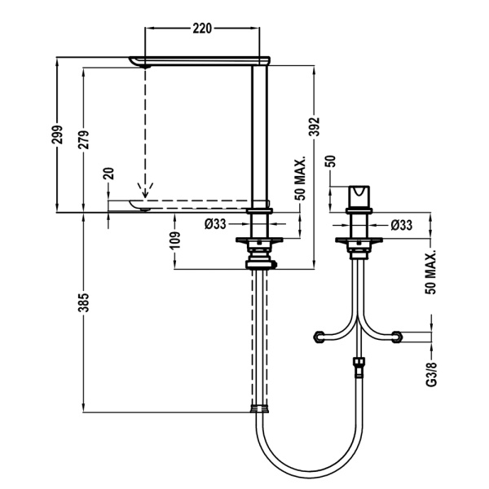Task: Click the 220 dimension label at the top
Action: [x=202, y=29]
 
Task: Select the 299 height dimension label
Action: [x=57, y=134]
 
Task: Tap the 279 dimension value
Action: [x=84, y=139]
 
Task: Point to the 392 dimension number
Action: [x=315, y=126]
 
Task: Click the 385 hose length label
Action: [x=84, y=302]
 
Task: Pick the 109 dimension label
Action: [x=175, y=240]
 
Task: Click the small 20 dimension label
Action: [x=108, y=174]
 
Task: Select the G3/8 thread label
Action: [x=432, y=374]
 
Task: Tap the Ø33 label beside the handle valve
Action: [x=401, y=225]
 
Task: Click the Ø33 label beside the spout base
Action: [x=215, y=223]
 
